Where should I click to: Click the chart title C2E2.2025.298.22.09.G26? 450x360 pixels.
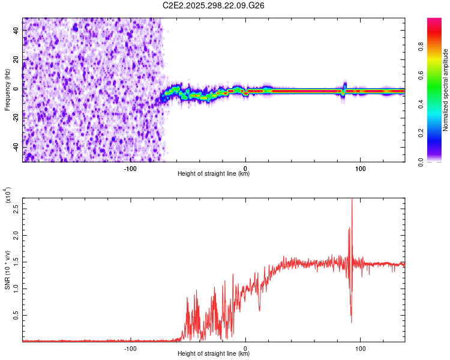point(214,5)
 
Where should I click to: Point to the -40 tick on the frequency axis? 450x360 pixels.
point(16,147)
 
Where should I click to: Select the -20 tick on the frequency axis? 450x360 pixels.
point(16,118)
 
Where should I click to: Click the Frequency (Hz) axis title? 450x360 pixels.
point(7,90)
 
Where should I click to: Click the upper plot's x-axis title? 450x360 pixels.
point(214,174)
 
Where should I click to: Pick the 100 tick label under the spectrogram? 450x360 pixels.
point(361,169)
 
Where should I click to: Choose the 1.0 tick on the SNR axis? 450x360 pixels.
point(16,288)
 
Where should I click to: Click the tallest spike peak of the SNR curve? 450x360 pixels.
point(352,198)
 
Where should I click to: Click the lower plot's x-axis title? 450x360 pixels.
point(214,354)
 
